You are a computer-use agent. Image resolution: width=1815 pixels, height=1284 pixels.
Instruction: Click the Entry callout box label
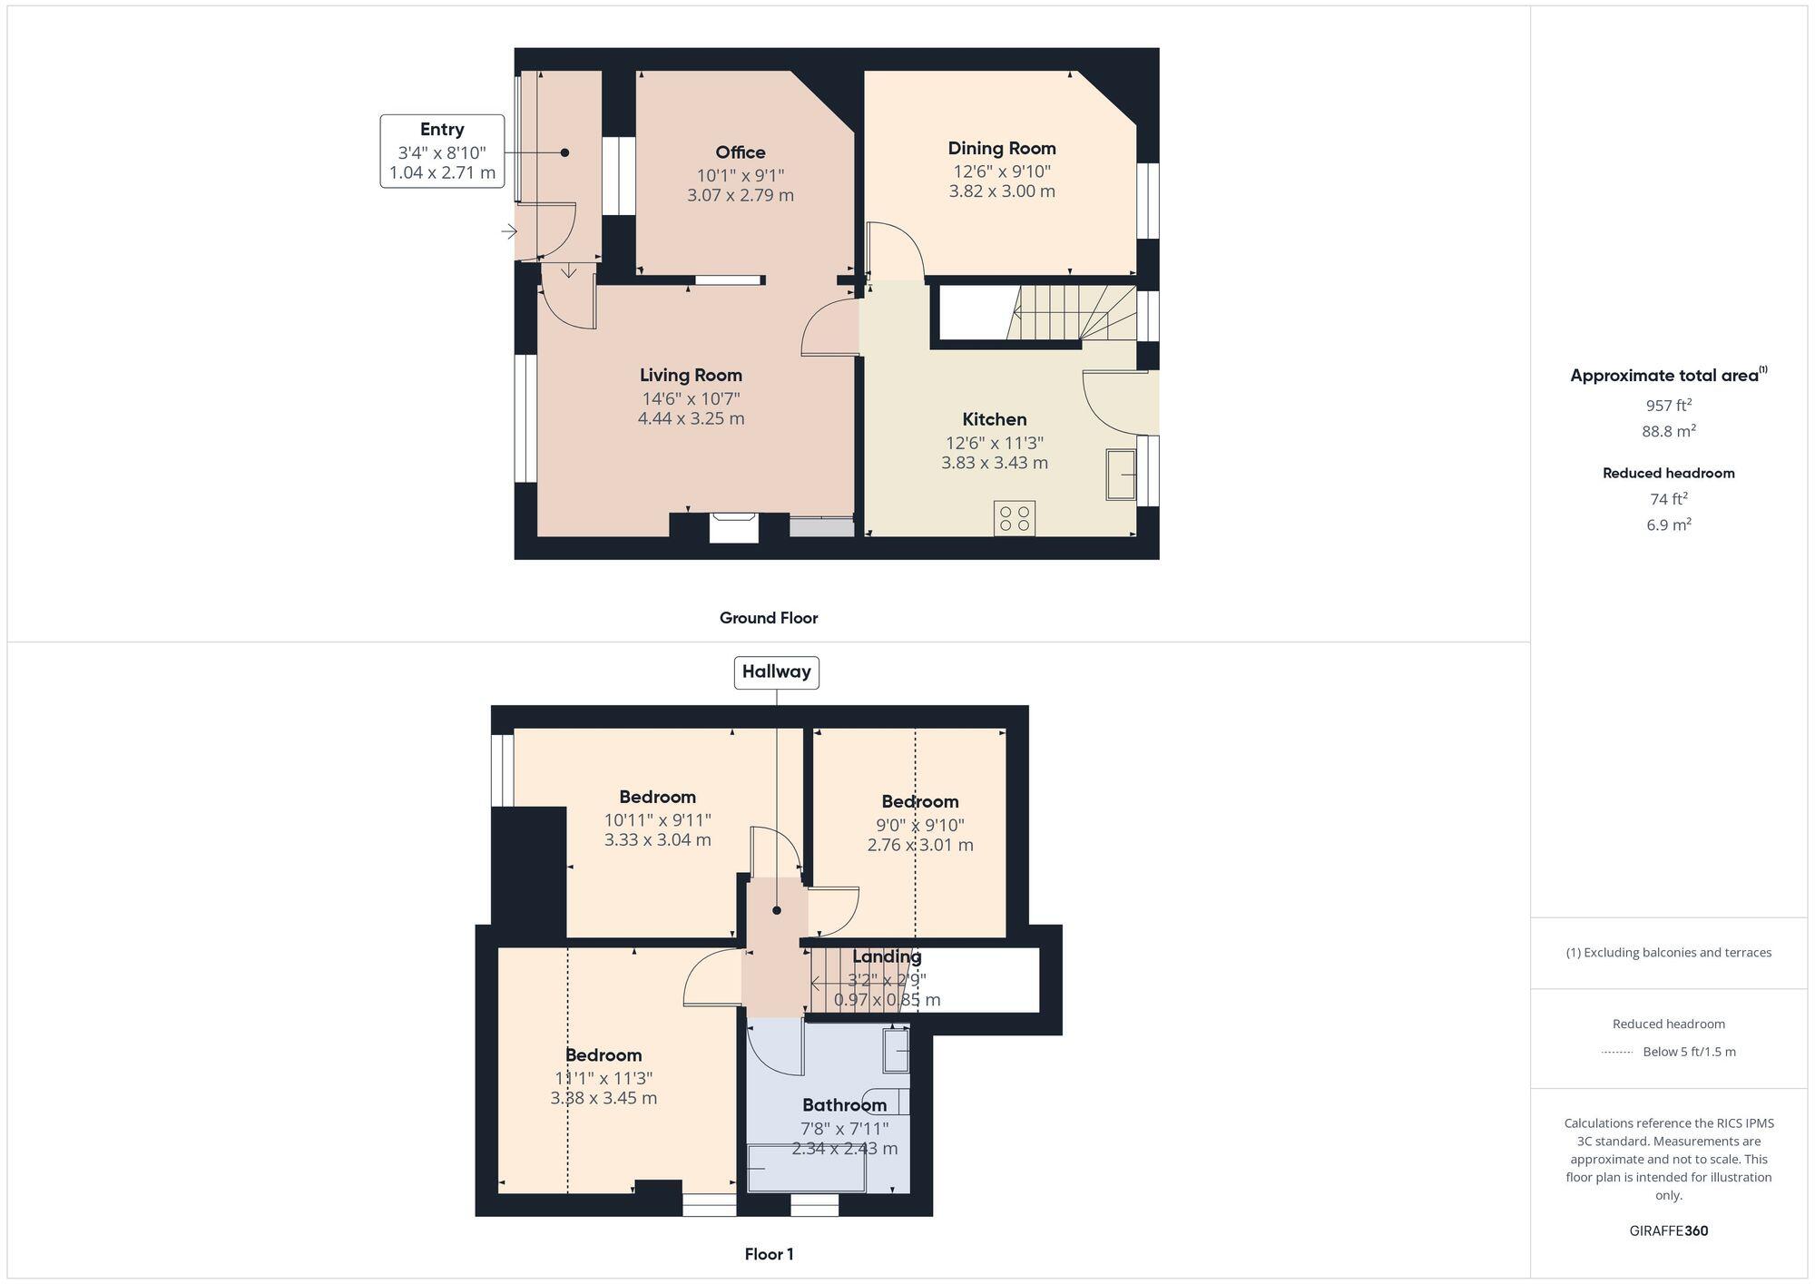442,130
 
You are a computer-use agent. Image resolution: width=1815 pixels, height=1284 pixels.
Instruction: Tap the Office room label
741,152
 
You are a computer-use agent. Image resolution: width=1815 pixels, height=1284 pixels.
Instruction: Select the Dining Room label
1002,148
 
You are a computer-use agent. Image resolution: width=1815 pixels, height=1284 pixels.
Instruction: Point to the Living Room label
691,375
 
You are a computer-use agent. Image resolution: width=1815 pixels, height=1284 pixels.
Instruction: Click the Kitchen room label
995,419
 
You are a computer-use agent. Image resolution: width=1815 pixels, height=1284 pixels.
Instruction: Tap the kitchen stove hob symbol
1014,518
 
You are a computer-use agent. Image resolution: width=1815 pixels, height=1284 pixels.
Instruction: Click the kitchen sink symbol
1121,474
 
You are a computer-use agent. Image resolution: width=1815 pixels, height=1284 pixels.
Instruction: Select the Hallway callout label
776,672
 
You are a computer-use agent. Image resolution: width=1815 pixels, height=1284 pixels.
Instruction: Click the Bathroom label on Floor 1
844,1105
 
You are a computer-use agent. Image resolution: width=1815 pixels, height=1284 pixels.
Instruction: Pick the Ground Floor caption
769,618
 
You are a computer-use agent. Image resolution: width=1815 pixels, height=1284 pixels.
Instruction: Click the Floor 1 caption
769,1254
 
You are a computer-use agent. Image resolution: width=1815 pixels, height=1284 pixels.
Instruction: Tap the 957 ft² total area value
1668,406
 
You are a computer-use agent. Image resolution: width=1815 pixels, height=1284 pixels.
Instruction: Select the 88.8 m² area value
1668,431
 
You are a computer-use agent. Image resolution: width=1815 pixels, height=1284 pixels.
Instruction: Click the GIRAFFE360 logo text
1668,1231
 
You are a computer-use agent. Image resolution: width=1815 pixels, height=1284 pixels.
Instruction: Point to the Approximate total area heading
1668,376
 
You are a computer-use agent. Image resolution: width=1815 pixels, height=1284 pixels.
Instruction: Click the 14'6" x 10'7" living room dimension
691,398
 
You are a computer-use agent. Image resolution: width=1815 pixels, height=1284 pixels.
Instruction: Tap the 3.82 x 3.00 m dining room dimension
1002,191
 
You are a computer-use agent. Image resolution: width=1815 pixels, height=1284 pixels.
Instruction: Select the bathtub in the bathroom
806,1168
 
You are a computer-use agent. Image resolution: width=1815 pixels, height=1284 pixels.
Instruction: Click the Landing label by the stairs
887,956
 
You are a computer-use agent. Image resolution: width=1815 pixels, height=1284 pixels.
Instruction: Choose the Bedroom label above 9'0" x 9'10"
920,801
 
